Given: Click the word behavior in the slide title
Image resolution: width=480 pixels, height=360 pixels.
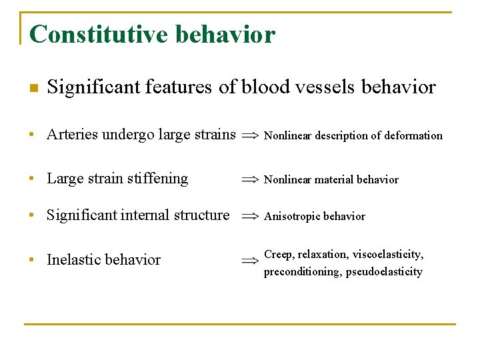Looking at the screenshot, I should [225, 34].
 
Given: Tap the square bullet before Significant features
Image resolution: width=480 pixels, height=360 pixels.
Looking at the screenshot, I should [33, 88].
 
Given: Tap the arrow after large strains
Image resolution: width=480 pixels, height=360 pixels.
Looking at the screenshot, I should [250, 135].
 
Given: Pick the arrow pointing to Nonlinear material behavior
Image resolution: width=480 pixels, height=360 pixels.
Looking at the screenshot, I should [250, 179].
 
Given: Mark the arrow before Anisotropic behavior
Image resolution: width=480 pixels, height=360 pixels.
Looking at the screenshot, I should [250, 216].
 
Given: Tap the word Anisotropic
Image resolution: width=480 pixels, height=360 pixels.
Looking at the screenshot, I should [293, 216].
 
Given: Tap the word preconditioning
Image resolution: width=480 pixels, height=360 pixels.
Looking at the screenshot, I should [303, 272].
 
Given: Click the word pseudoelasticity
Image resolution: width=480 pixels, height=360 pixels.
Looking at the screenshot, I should [385, 272].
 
